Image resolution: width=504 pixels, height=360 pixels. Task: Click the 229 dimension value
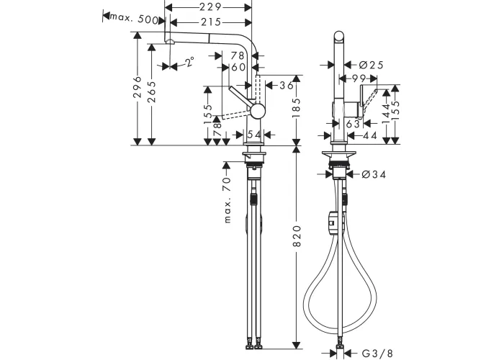[210, 6]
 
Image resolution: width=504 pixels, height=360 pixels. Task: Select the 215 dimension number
[210, 22]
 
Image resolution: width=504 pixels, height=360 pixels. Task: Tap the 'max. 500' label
[134, 18]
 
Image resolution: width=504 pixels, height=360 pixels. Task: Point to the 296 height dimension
[138, 87]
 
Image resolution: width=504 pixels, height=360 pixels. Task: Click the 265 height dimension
[152, 92]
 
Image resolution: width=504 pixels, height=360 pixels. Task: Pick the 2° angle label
[189, 61]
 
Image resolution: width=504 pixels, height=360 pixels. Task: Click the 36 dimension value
[287, 85]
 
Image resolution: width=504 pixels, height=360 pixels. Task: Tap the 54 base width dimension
[255, 135]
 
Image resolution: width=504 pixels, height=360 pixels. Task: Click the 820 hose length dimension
[297, 236]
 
